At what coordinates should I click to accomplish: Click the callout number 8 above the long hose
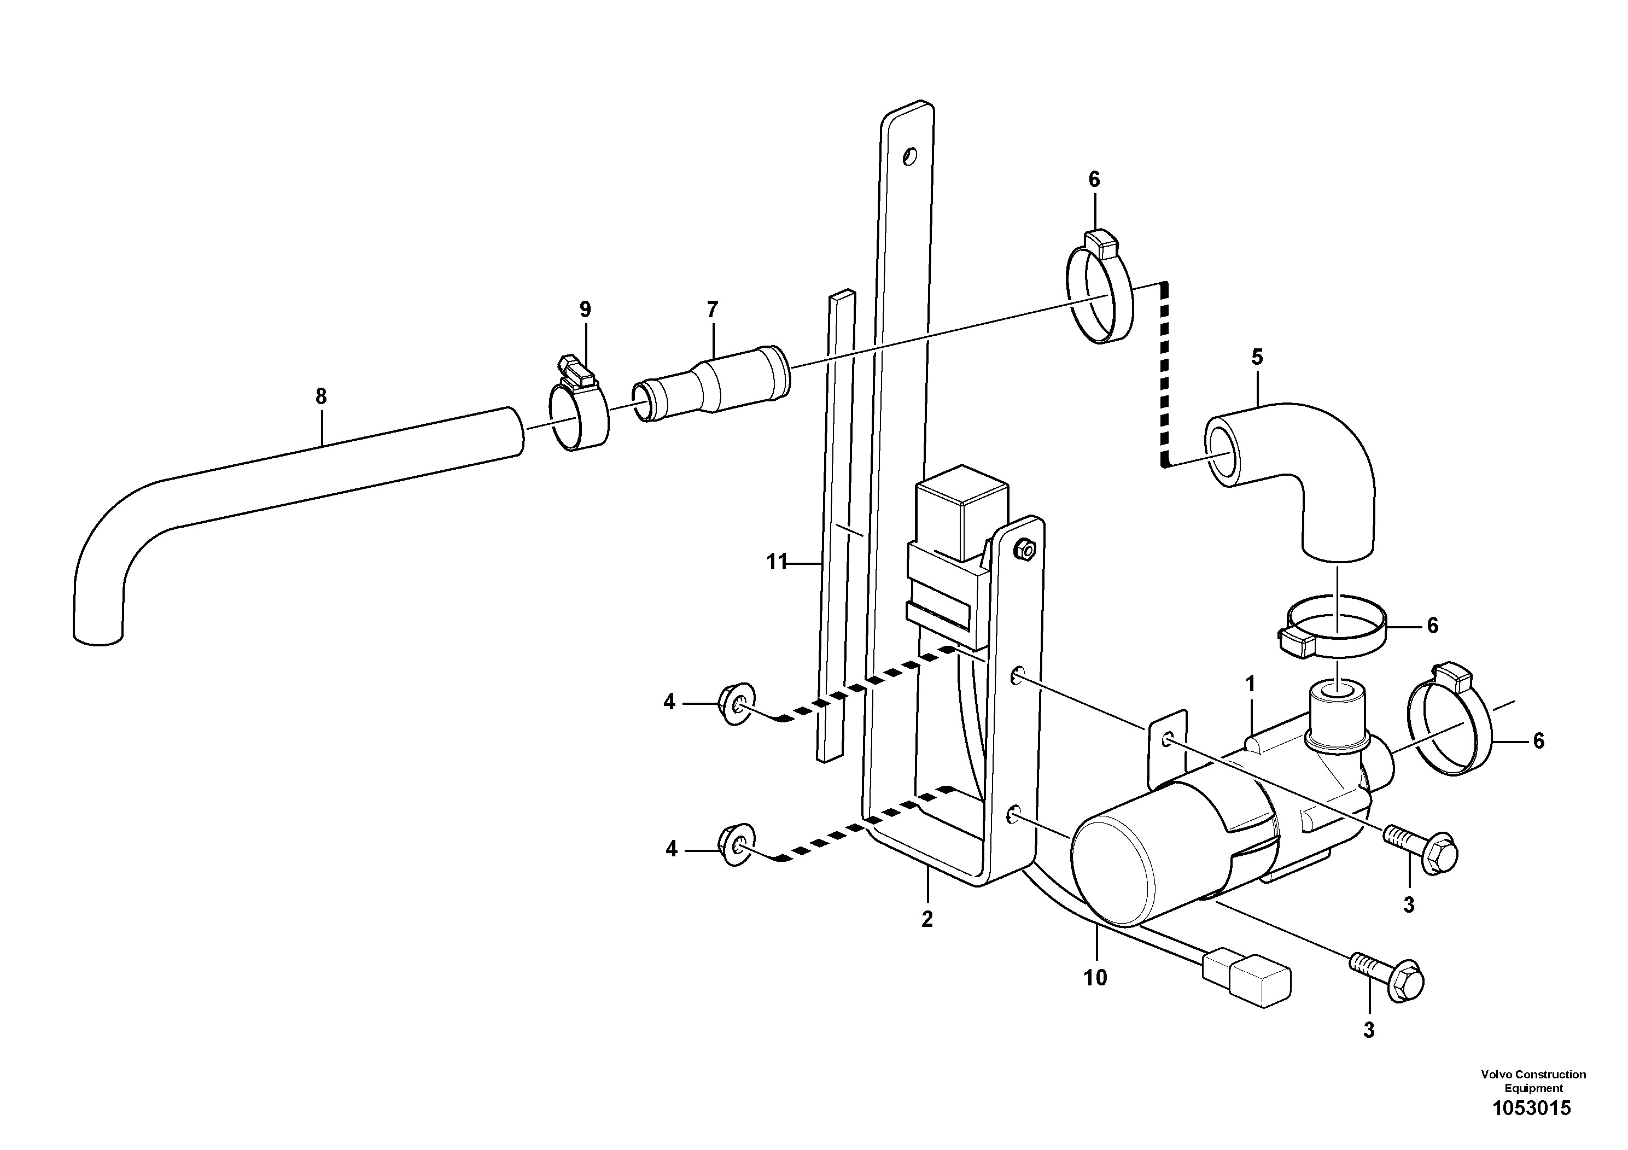pos(321,396)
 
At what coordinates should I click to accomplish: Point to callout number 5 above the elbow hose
pos(1257,357)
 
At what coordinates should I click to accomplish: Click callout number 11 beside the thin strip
pos(777,562)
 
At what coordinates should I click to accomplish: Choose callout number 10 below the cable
pos(1095,978)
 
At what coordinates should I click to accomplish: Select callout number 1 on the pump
pos(1250,684)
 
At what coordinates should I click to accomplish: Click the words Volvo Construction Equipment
pos(1533,1081)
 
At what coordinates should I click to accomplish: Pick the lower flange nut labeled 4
pos(734,846)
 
